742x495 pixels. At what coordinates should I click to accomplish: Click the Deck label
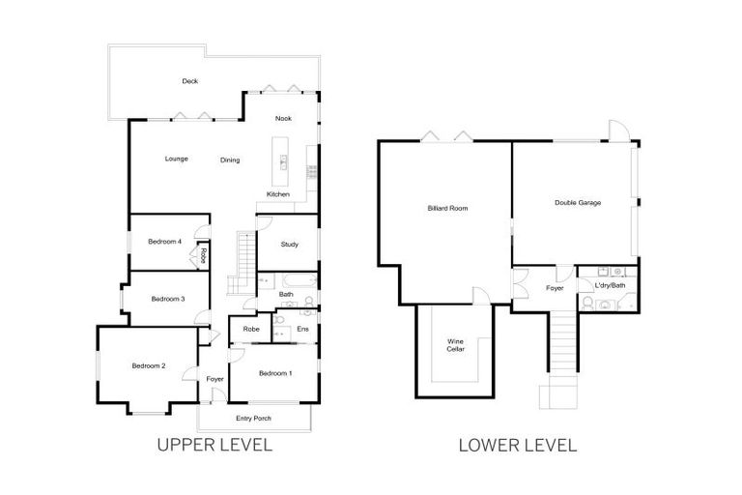point(190,81)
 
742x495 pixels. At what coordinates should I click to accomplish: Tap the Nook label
point(283,119)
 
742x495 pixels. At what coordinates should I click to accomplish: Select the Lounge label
point(176,159)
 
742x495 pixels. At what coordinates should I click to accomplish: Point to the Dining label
point(230,160)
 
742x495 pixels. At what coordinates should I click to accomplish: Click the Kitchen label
point(278,194)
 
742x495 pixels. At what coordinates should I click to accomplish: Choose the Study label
point(289,245)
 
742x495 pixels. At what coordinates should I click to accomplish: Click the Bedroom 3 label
point(167,299)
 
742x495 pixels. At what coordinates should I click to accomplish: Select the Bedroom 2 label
point(149,365)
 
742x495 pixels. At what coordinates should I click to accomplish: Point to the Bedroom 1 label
point(275,373)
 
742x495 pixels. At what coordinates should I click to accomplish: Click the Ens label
point(302,330)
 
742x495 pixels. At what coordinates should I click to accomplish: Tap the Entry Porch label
point(253,419)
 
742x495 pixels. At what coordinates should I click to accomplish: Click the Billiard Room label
point(448,208)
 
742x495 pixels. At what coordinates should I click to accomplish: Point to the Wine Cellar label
point(455,345)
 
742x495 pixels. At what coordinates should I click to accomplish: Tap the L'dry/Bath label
point(611,285)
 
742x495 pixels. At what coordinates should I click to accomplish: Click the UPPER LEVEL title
point(214,446)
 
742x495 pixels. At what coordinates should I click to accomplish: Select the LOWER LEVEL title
point(518,446)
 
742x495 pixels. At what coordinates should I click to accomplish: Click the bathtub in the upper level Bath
point(285,280)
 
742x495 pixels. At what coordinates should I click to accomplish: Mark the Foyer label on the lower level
point(555,287)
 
